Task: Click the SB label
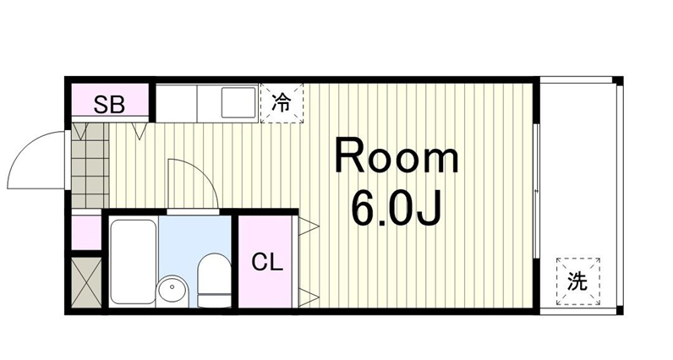(109, 104)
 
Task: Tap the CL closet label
(267, 262)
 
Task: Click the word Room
(397, 155)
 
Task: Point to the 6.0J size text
(397, 208)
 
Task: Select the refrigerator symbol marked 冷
(282, 103)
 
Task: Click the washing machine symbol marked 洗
(577, 281)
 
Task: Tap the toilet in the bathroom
(214, 281)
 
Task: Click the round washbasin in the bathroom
(172, 291)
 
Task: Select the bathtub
(132, 262)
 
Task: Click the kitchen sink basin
(238, 102)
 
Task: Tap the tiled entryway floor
(90, 165)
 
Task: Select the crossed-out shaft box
(86, 282)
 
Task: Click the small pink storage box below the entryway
(86, 232)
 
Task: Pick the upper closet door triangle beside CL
(309, 226)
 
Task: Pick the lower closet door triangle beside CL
(309, 297)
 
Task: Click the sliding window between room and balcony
(536, 191)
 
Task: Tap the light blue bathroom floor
(195, 240)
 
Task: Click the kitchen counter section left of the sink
(176, 103)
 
